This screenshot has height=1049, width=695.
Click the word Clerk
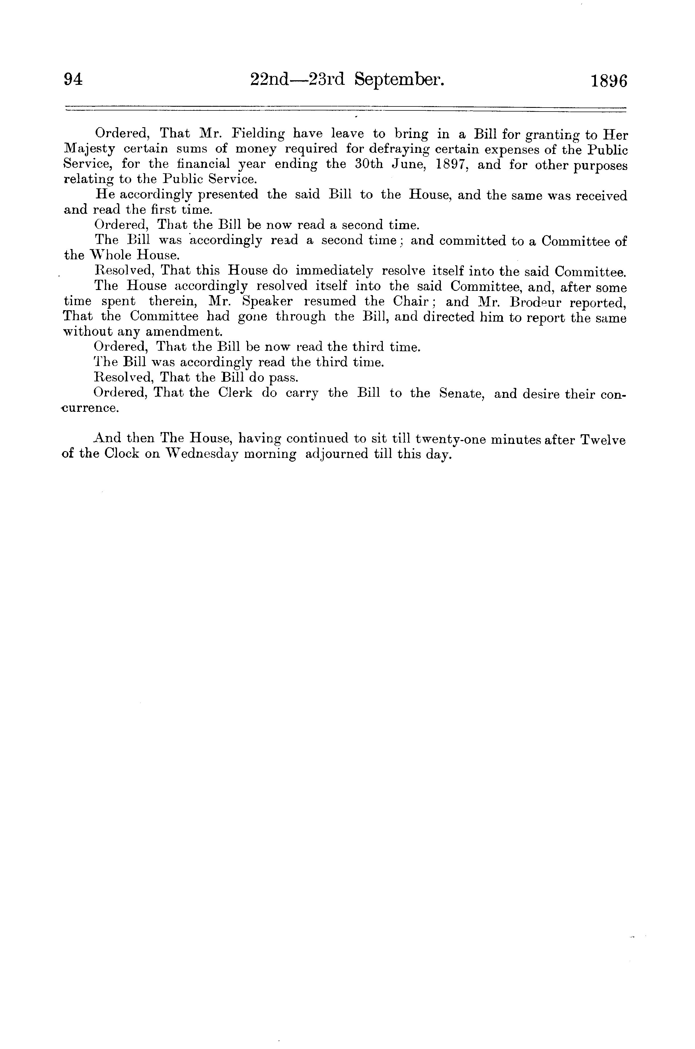(235, 394)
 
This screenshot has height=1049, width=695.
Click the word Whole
(110, 256)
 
